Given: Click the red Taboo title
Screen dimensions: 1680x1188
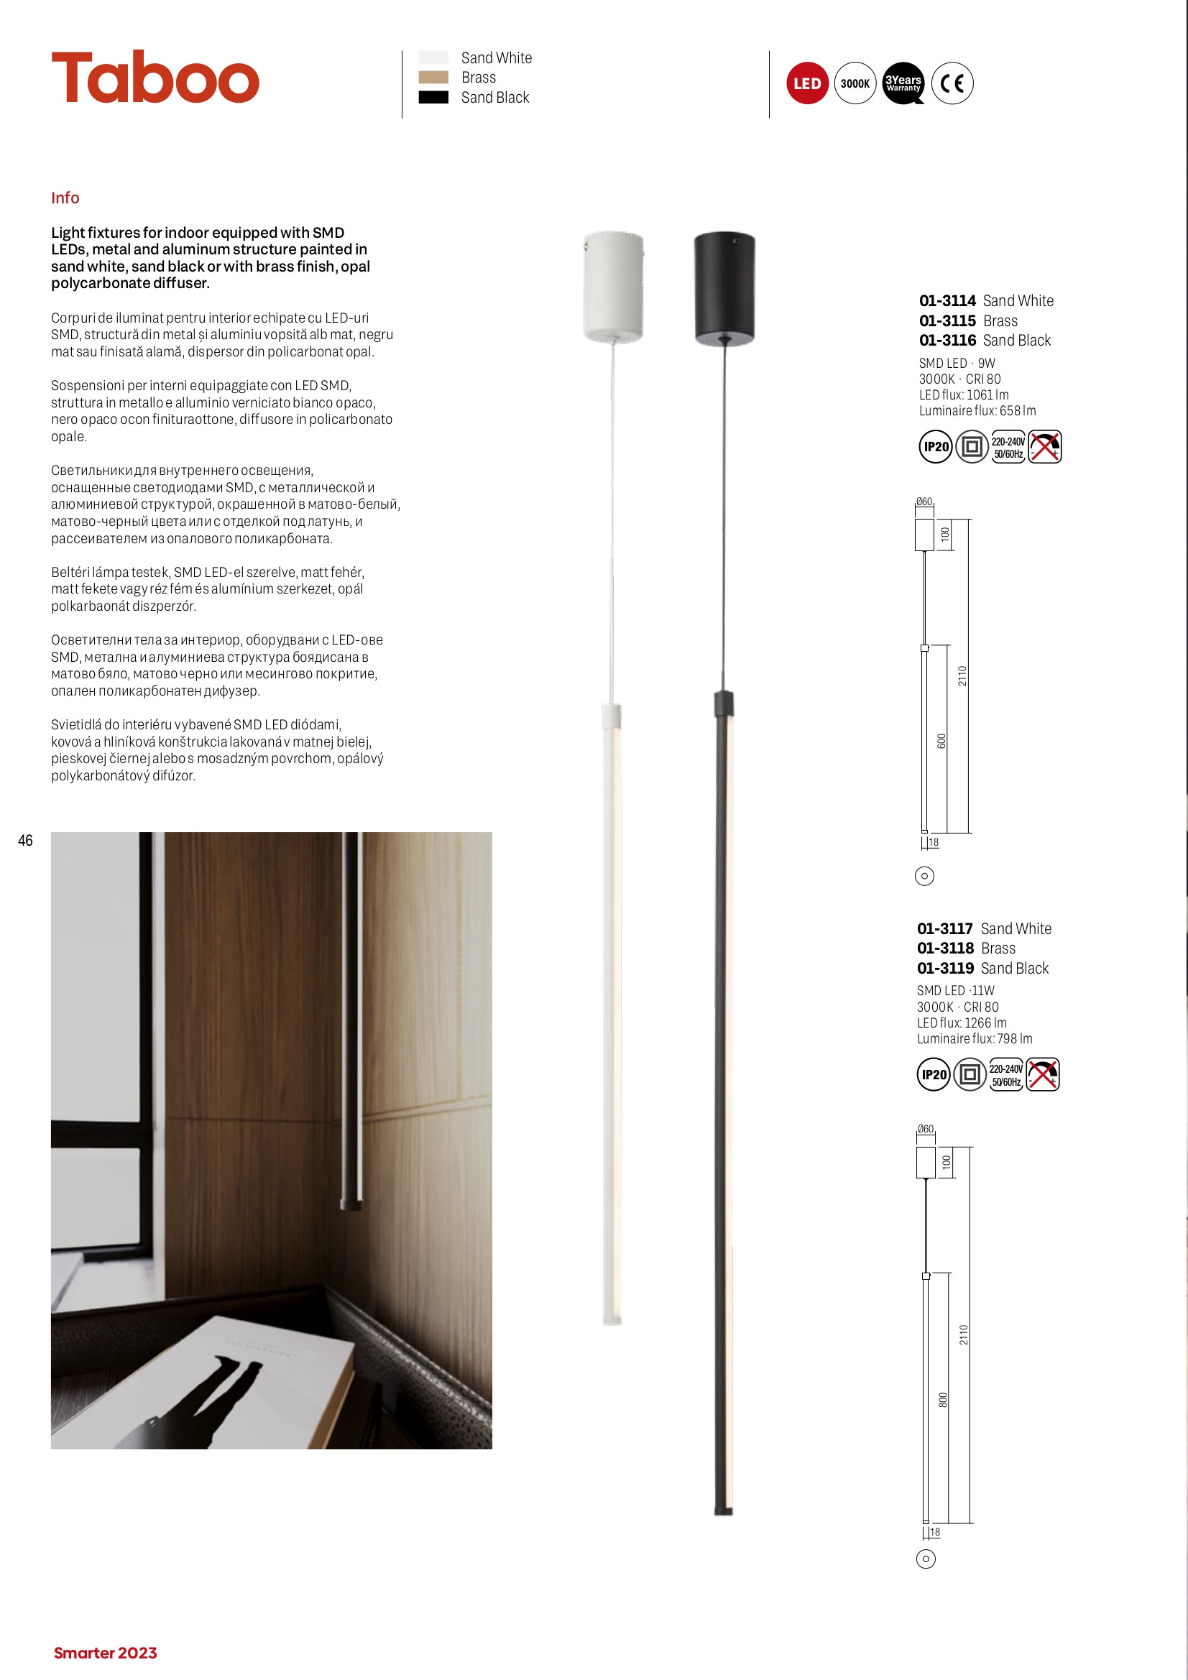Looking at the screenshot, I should (155, 78).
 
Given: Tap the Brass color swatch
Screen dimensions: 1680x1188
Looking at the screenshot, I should (433, 78).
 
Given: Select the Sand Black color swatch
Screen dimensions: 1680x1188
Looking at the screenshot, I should (433, 97).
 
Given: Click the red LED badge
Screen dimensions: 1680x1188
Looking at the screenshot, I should (806, 83).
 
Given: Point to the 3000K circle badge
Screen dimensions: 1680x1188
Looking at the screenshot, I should (855, 83).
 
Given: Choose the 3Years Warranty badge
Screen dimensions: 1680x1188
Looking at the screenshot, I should (903, 83).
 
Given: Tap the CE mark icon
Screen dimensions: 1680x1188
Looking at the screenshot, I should (952, 83).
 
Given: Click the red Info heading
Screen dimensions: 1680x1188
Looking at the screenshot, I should (65, 198).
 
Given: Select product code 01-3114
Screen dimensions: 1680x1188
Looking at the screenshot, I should (947, 301).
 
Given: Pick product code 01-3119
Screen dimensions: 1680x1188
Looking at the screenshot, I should (945, 968).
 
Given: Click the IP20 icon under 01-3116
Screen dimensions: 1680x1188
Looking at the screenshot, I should (936, 447).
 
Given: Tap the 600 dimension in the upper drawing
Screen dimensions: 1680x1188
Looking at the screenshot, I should (942, 741).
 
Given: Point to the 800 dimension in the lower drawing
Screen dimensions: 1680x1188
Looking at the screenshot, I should (943, 1399).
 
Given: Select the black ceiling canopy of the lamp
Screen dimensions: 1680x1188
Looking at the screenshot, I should (724, 287).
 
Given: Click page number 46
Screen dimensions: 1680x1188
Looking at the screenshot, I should (26, 841).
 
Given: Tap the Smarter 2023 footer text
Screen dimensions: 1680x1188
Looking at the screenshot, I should (106, 1653).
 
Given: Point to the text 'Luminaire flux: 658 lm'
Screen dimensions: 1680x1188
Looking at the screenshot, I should (977, 410).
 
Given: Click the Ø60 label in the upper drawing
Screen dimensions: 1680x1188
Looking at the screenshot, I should (924, 502).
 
